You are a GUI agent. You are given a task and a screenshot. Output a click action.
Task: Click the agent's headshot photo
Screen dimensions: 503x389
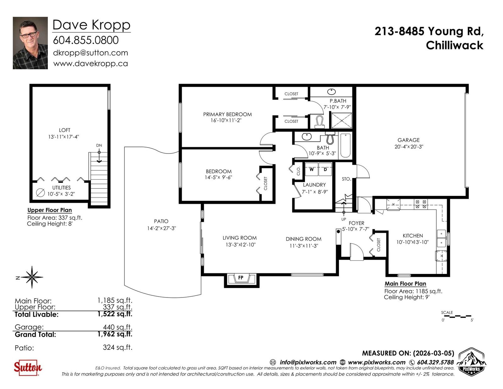(x=30, y=43)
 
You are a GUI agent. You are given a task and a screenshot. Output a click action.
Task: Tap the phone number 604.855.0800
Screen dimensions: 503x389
(x=86, y=40)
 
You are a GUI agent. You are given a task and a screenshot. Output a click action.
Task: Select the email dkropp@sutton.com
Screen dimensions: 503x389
(x=91, y=53)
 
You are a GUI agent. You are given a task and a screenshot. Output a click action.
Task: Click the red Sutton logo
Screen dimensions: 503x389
(x=28, y=368)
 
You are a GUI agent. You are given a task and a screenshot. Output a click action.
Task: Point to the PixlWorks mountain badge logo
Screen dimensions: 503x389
(x=472, y=362)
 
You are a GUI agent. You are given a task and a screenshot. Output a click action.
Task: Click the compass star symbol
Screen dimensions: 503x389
(x=32, y=277)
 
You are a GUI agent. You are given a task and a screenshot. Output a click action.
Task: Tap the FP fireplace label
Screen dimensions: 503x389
(x=241, y=277)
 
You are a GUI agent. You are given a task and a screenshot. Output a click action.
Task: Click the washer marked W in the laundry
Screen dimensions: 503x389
(x=312, y=169)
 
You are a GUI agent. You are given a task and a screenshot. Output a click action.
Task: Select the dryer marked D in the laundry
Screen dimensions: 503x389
(x=325, y=169)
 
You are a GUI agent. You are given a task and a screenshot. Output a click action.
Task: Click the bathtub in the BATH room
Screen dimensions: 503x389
(x=345, y=145)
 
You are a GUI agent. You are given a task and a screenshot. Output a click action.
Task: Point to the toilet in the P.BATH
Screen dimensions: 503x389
(x=320, y=122)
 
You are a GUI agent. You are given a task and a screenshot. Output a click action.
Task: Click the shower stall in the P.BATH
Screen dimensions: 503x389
(x=342, y=120)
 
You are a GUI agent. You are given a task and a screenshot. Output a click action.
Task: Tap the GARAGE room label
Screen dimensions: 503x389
(x=409, y=140)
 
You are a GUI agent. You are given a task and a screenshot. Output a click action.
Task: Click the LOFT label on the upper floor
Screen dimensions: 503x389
(x=64, y=130)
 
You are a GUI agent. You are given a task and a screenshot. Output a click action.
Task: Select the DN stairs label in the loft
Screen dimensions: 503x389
(x=99, y=145)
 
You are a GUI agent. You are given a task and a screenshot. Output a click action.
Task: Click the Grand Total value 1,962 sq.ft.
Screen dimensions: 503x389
(x=115, y=334)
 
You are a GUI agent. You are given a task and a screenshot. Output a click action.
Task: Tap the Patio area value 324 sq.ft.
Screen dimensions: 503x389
(x=118, y=347)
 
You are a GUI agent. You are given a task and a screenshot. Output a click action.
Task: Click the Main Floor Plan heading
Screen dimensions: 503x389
(x=405, y=284)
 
